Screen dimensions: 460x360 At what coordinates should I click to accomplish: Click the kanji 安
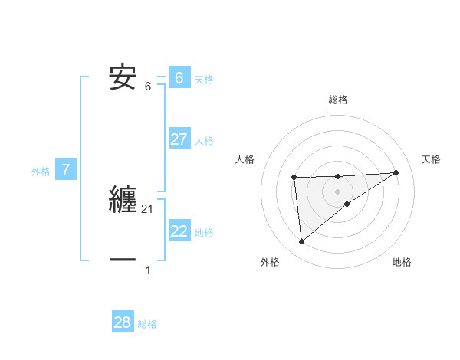[x=123, y=77]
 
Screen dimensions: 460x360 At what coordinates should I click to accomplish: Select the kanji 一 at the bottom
[x=123, y=260]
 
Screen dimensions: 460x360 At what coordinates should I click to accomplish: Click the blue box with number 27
[x=179, y=139]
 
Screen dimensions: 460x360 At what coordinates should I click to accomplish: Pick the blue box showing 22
[x=179, y=231]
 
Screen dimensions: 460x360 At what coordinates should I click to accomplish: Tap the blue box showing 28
[x=123, y=322]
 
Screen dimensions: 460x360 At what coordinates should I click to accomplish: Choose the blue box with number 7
[x=66, y=170]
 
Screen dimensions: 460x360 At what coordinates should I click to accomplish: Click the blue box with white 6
[x=179, y=78]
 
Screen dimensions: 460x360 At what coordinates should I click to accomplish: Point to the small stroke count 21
[x=148, y=208]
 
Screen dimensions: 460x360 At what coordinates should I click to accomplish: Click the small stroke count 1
[x=148, y=270]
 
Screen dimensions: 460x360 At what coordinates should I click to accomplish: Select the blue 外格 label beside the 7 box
[x=41, y=172]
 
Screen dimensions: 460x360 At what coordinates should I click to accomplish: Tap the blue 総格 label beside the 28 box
[x=147, y=324]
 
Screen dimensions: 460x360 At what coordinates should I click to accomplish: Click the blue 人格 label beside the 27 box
[x=205, y=141]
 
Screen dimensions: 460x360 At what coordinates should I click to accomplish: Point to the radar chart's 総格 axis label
[x=337, y=100]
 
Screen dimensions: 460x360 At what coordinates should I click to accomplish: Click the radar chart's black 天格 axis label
[x=432, y=159]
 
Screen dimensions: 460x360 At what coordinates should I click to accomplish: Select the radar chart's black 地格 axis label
[x=402, y=262]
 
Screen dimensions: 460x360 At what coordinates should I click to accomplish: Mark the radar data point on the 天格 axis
[x=396, y=172]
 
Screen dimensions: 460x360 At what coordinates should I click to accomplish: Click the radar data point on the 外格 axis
[x=301, y=241]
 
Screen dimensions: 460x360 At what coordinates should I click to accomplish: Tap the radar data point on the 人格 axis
[x=294, y=178]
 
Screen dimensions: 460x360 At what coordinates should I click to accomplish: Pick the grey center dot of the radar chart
[x=337, y=191]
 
